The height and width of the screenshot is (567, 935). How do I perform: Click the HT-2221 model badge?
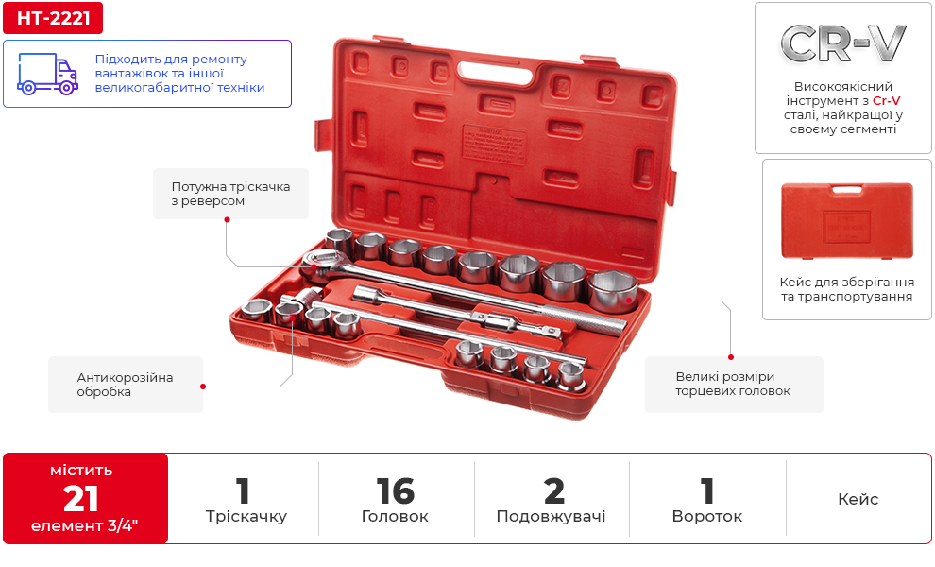(53, 18)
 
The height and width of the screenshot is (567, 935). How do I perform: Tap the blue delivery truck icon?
(47, 74)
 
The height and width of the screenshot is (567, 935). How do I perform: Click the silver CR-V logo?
(842, 43)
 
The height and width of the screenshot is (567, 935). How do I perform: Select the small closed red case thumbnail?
(847, 221)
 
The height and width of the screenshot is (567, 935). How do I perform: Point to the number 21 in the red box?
(80, 499)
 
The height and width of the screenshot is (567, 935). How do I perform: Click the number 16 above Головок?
(396, 491)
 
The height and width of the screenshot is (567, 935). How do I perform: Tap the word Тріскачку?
(246, 516)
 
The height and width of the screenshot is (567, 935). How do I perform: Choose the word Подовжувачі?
(551, 516)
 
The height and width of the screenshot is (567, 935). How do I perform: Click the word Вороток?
(707, 516)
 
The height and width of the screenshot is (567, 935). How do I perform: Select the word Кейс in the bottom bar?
(858, 499)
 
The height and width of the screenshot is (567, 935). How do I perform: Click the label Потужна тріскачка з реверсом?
(230, 194)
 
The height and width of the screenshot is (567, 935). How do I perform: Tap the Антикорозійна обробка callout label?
(126, 385)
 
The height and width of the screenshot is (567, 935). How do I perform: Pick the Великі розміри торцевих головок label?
(734, 384)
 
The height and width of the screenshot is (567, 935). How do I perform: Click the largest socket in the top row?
(612, 291)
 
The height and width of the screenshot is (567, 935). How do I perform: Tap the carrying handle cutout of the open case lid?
(496, 73)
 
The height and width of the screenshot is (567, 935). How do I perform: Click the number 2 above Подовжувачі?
(554, 491)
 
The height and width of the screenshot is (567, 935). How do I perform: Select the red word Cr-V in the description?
(886, 100)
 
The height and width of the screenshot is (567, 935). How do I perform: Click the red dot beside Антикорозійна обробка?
(203, 387)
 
